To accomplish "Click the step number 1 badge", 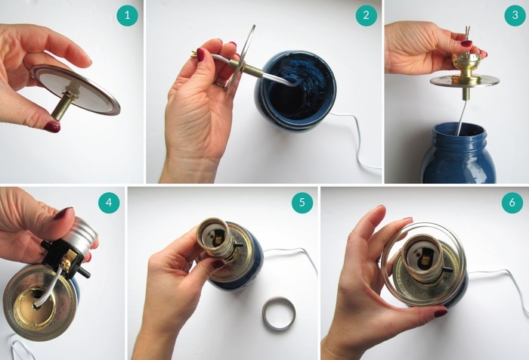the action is pos(127,15).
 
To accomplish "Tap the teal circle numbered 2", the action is pos(366,15).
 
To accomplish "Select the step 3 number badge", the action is pos(515,15).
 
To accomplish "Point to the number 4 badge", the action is pos(109,202).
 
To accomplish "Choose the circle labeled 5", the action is pos(302,202).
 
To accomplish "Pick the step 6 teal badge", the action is pos(512,202).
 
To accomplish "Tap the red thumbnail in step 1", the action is pos(52,127).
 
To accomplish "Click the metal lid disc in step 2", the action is pos(242,60).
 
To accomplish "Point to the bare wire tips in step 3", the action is pos(467,32).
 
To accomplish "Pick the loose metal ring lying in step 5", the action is pos(279,313).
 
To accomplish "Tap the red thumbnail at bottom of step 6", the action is pos(441,312).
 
